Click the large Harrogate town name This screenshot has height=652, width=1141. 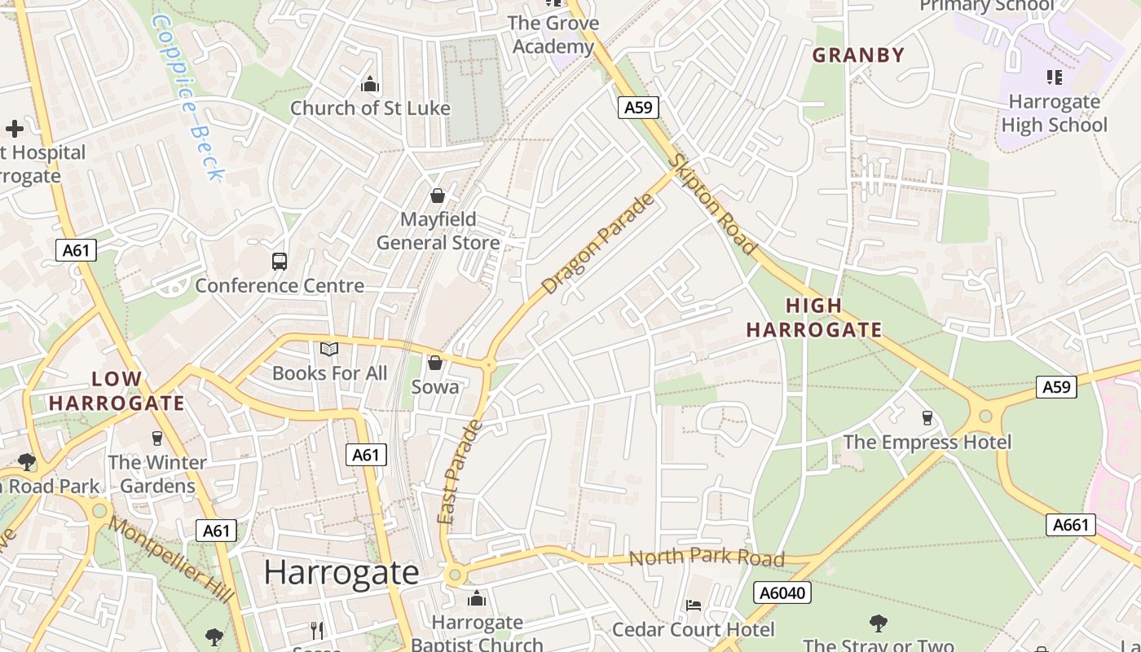point(341,572)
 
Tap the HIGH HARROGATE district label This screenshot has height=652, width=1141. point(814,318)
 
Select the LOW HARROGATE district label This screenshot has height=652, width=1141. point(117,391)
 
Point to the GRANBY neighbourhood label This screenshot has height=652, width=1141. point(858,55)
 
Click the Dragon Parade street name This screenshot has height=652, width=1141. point(598,244)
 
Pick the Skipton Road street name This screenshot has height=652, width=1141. point(712,203)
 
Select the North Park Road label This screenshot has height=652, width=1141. point(707,558)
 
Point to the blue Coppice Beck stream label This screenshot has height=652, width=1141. point(187,98)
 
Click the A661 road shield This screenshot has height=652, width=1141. point(1070,525)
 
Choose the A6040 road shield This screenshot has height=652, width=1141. point(782,593)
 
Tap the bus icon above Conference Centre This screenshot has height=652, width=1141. point(280,262)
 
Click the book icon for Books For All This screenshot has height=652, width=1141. point(329,350)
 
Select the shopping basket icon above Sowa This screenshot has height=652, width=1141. point(435,363)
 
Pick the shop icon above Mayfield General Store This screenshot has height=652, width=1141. point(438,196)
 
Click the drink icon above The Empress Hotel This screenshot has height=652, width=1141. point(927,418)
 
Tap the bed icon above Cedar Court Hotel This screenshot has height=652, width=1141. point(693,606)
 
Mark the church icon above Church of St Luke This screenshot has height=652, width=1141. point(370,84)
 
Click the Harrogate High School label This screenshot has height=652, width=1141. point(1054,113)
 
